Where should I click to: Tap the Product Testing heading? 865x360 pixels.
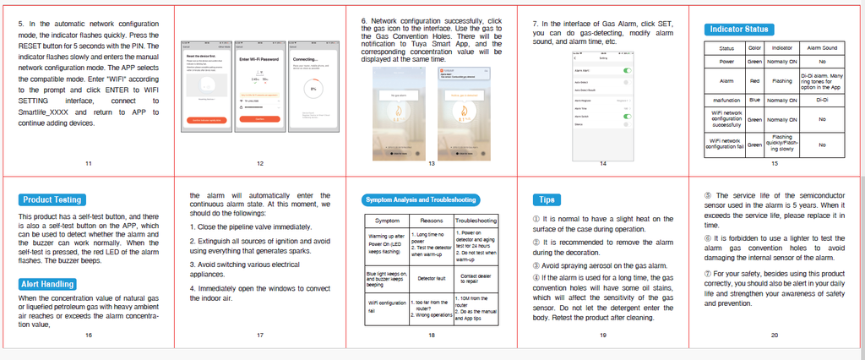(52, 199)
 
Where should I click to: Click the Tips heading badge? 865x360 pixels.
(545, 199)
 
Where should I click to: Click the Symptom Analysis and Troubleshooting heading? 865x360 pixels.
(420, 200)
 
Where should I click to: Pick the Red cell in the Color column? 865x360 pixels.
(754, 81)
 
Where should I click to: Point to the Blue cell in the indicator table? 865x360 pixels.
(754, 99)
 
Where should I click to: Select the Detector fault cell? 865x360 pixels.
(431, 276)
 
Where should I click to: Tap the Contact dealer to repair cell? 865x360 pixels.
(476, 276)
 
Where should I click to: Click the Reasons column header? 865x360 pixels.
(432, 221)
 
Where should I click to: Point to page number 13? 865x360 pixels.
(432, 162)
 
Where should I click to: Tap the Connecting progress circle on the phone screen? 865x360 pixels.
(313, 87)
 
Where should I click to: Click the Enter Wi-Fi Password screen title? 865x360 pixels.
(260, 59)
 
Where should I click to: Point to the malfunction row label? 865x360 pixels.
(726, 99)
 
